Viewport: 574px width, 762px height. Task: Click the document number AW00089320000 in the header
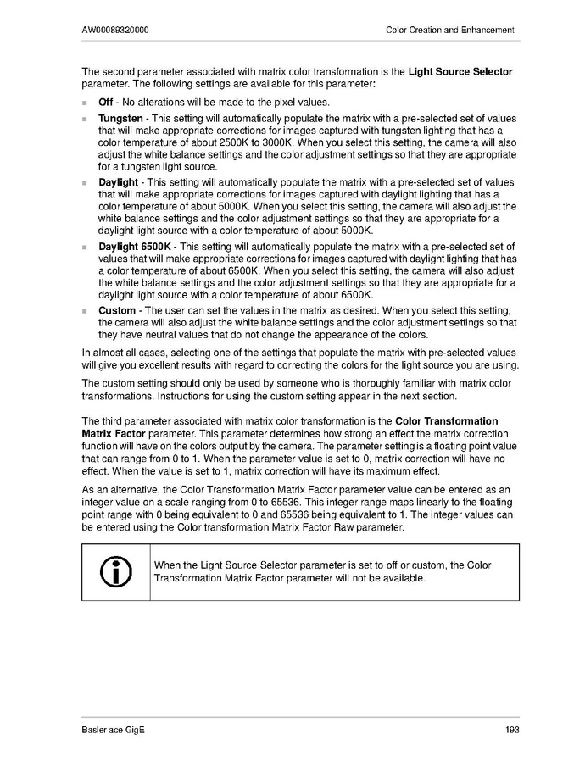[116, 31]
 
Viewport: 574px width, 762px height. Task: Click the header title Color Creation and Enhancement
[449, 31]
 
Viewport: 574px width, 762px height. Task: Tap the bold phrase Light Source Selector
[460, 71]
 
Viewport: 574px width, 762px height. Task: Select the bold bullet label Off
[106, 103]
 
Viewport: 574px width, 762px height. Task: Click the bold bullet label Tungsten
[120, 118]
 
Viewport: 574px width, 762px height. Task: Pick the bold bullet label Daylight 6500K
[135, 246]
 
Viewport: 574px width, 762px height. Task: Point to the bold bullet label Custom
[117, 310]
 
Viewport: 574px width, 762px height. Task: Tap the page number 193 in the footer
[511, 731]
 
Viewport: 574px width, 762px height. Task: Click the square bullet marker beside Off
[85, 103]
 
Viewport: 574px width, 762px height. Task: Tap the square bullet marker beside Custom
[85, 311]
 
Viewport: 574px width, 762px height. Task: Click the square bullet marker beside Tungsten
[85, 119]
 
